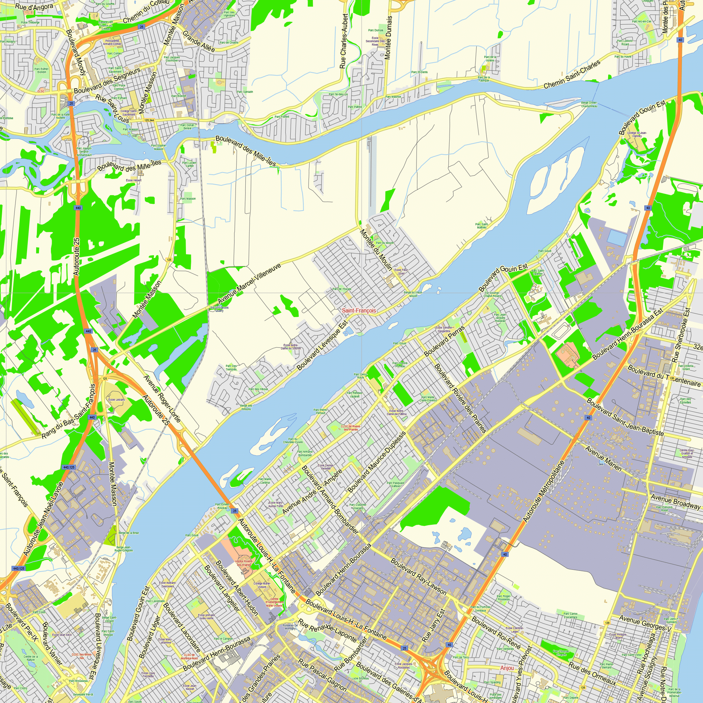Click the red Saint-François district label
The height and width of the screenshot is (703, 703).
tap(359, 310)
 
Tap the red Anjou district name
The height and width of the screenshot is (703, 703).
tap(507, 668)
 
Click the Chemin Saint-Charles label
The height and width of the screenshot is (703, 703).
tap(572, 75)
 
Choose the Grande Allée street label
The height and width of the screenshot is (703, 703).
tap(198, 41)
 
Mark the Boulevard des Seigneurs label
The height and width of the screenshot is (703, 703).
tap(107, 80)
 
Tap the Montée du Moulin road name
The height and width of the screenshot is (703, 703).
tap(376, 250)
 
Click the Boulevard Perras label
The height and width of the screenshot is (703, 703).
tap(444, 341)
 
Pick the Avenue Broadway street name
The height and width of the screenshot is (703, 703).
tap(675, 502)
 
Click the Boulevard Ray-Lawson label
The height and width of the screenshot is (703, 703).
tap(418, 576)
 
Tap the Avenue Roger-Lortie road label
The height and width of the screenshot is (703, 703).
tap(162, 399)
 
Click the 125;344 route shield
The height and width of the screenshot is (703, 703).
tap(149, 120)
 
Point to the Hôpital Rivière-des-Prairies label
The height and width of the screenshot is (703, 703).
tap(244, 563)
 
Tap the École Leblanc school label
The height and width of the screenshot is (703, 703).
tap(116, 400)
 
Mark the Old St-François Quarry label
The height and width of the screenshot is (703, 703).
tap(219, 309)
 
